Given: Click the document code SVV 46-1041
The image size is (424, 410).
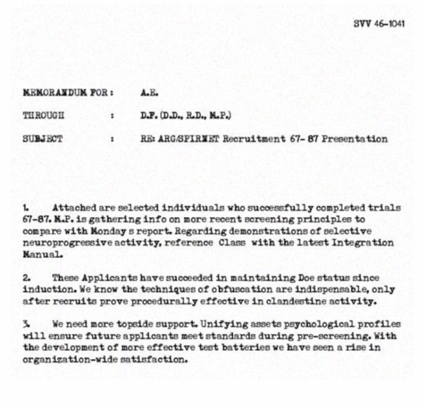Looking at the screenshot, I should click(x=379, y=23).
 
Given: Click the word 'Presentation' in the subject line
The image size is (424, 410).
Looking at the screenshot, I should click(x=355, y=139).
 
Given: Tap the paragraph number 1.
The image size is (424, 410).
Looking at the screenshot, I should click(x=26, y=207).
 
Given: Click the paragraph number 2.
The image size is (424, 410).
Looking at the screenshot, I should click(x=26, y=278).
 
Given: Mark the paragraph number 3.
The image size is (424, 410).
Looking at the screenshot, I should click(x=26, y=325).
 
